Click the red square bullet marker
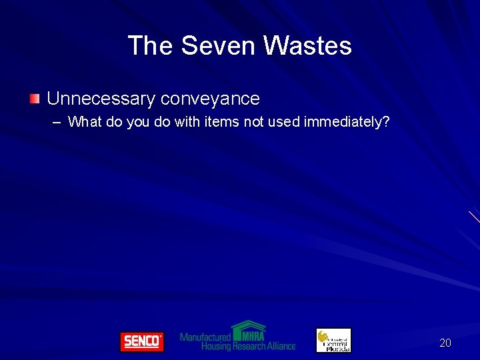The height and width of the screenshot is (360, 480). click(x=35, y=99)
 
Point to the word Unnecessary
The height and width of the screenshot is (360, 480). click(x=101, y=99)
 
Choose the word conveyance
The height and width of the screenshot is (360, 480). click(x=210, y=99)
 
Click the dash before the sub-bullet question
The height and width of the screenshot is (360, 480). click(x=56, y=122)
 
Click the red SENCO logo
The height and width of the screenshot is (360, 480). click(x=141, y=341)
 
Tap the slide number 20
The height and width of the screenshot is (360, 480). click(x=445, y=343)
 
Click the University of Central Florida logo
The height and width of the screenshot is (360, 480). click(x=333, y=341)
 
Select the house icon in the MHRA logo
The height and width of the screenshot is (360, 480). click(x=248, y=331)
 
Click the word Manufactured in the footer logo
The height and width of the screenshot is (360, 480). click(x=205, y=337)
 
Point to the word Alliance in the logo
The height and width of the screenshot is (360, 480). click(x=281, y=346)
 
